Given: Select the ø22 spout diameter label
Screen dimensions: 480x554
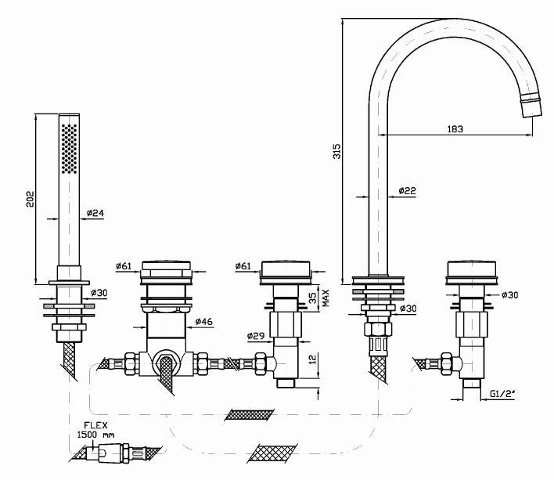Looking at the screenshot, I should [407, 190].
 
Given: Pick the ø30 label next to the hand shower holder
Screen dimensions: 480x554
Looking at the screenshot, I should [99, 292].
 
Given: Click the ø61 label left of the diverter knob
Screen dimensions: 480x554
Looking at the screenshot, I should [123, 266].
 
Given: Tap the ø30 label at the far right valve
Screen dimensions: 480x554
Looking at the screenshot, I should [509, 294].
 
